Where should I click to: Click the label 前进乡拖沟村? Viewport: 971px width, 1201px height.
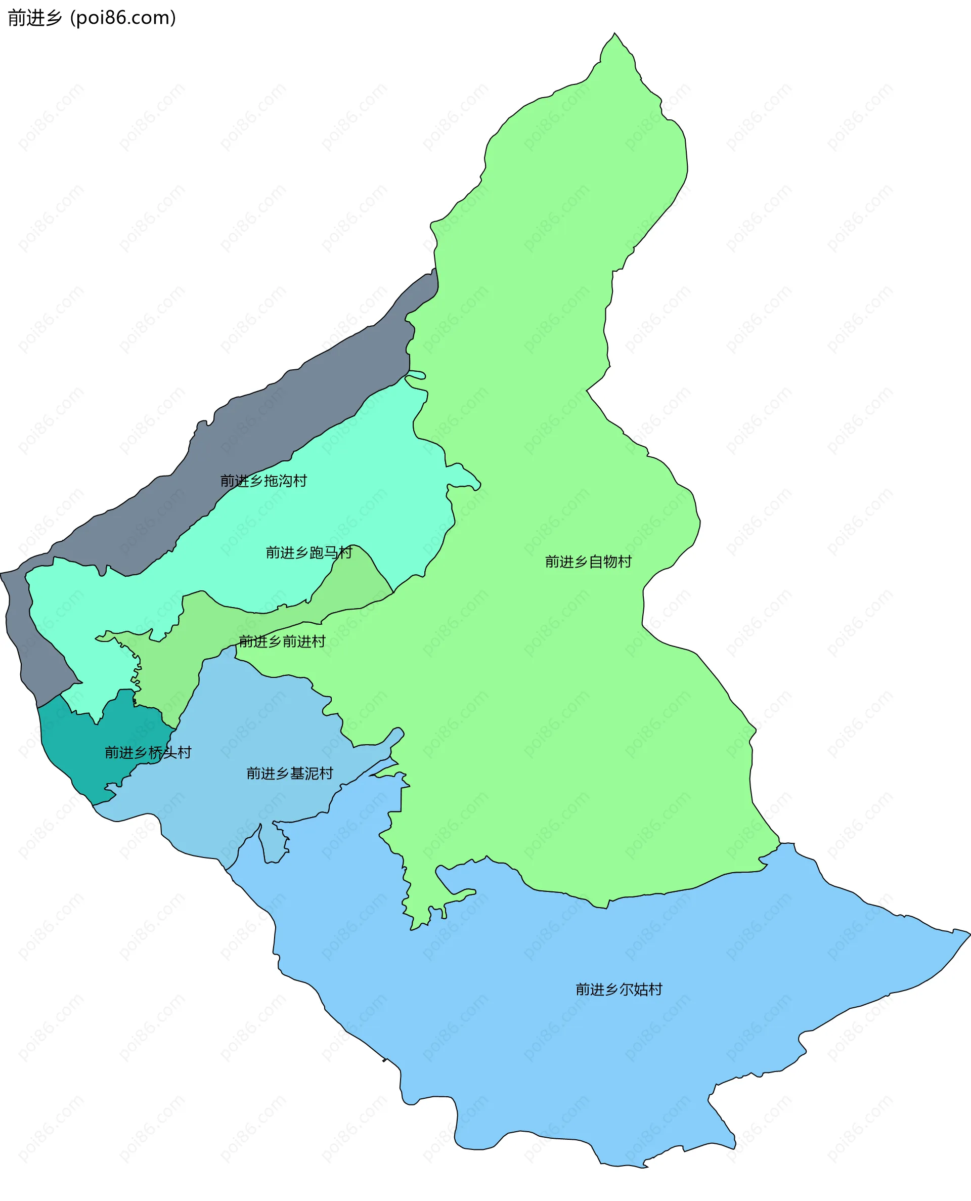pyautogui.click(x=263, y=481)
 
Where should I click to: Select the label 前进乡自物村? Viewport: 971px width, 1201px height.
pyautogui.click(x=589, y=562)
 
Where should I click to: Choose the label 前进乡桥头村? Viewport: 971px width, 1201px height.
pyautogui.click(x=148, y=752)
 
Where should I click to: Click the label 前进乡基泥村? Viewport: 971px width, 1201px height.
pyautogui.click(x=290, y=774)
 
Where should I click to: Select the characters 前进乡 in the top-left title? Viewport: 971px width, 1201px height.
pyautogui.click(x=35, y=18)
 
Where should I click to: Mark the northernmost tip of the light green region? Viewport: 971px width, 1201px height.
pyautogui.click(x=614, y=34)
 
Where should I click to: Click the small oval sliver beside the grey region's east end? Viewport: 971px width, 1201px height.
pyautogui.click(x=415, y=375)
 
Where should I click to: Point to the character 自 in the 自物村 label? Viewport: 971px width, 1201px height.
pyautogui.click(x=596, y=562)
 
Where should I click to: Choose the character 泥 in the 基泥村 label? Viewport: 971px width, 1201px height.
pyautogui.click(x=312, y=774)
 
